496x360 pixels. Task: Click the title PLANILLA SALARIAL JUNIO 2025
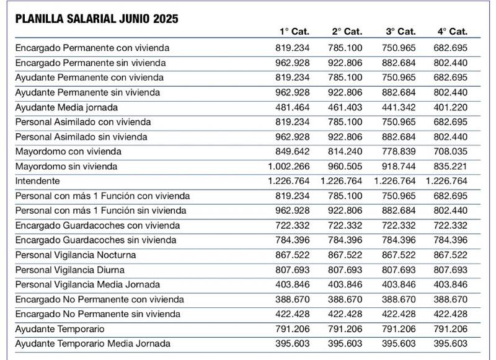[97, 18]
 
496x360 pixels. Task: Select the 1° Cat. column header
[294, 32]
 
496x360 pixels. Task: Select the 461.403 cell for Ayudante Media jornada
[345, 107]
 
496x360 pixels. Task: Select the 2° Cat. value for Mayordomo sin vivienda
[345, 166]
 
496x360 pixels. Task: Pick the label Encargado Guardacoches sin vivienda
[95, 240]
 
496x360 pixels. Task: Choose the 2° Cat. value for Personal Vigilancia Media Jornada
[345, 284]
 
